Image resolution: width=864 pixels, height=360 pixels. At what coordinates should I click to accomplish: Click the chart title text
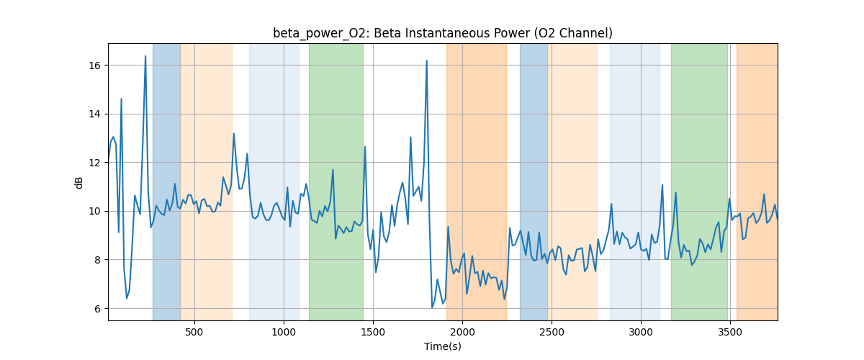442,33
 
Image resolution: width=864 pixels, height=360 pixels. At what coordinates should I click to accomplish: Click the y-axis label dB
79,182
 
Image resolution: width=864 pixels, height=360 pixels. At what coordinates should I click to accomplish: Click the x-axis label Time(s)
442,346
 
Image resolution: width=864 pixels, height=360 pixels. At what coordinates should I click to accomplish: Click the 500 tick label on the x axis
194,332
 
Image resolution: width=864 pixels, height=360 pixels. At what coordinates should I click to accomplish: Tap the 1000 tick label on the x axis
284,332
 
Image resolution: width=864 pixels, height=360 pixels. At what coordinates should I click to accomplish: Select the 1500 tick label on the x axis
373,332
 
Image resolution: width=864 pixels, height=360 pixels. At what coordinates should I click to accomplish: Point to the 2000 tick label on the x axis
462,332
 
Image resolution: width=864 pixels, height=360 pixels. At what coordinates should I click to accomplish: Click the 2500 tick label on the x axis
552,332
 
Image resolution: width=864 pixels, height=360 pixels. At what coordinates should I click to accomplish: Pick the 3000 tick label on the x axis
641,332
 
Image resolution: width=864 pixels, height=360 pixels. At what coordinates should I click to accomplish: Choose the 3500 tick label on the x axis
730,332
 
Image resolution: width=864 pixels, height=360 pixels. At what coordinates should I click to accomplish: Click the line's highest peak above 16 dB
145,56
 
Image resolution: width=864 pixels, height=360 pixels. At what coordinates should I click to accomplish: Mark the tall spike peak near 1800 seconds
426,61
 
